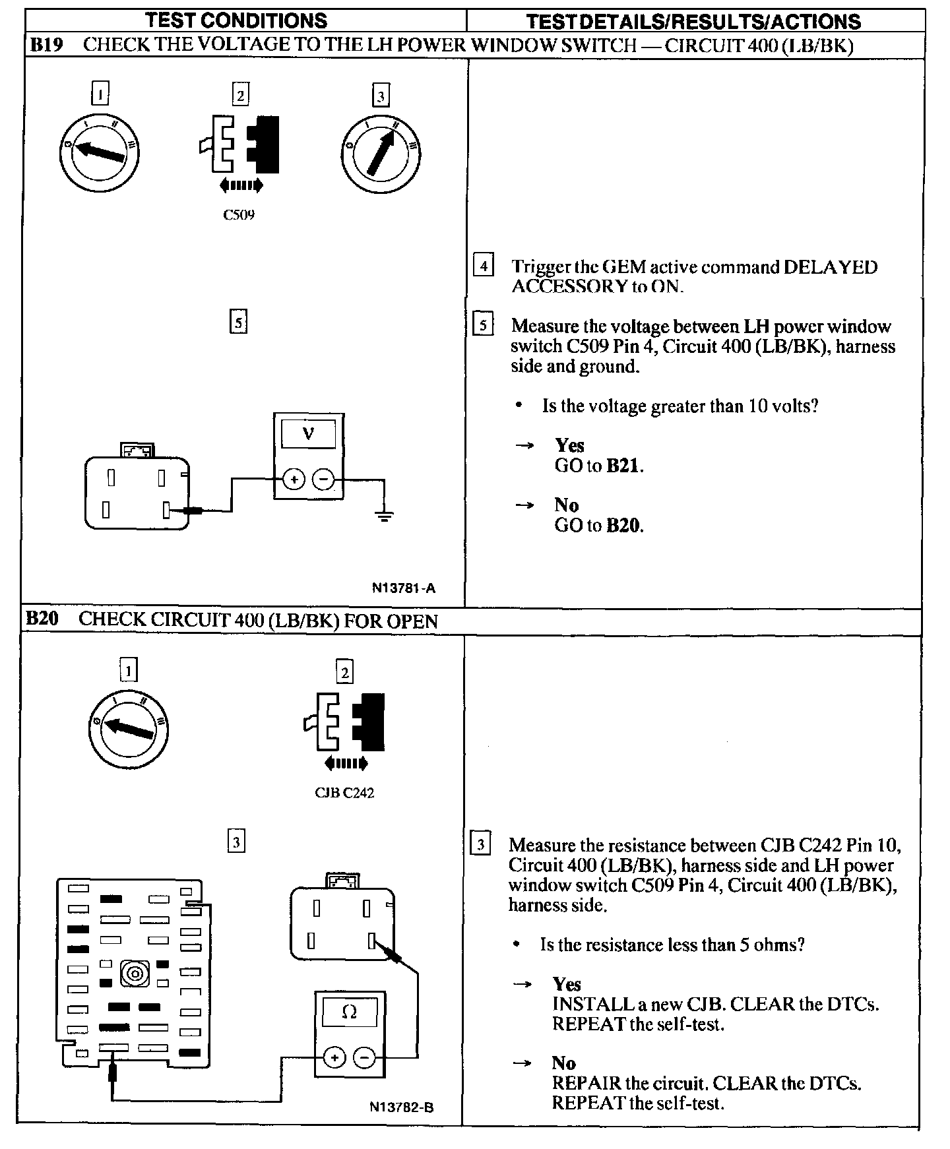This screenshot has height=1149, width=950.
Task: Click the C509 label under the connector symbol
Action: [239, 215]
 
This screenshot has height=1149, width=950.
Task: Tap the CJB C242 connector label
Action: [344, 793]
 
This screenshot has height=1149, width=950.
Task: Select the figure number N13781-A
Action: [403, 588]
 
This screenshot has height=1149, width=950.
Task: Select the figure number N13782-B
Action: [401, 1107]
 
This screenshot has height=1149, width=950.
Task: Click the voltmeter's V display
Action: [308, 434]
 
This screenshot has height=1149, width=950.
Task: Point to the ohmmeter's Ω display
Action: [350, 1012]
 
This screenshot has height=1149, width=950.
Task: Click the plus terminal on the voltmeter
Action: [294, 480]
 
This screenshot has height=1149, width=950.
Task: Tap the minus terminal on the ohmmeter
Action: [364, 1058]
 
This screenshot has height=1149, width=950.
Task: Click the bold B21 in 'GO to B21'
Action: [623, 466]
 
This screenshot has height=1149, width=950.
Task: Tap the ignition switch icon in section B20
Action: [129, 729]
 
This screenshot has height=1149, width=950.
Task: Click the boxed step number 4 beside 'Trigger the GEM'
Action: [484, 266]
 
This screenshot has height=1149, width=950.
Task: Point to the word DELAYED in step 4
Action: [830, 267]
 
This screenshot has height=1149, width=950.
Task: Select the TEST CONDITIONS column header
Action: [236, 20]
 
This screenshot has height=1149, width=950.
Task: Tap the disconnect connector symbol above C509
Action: [239, 146]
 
